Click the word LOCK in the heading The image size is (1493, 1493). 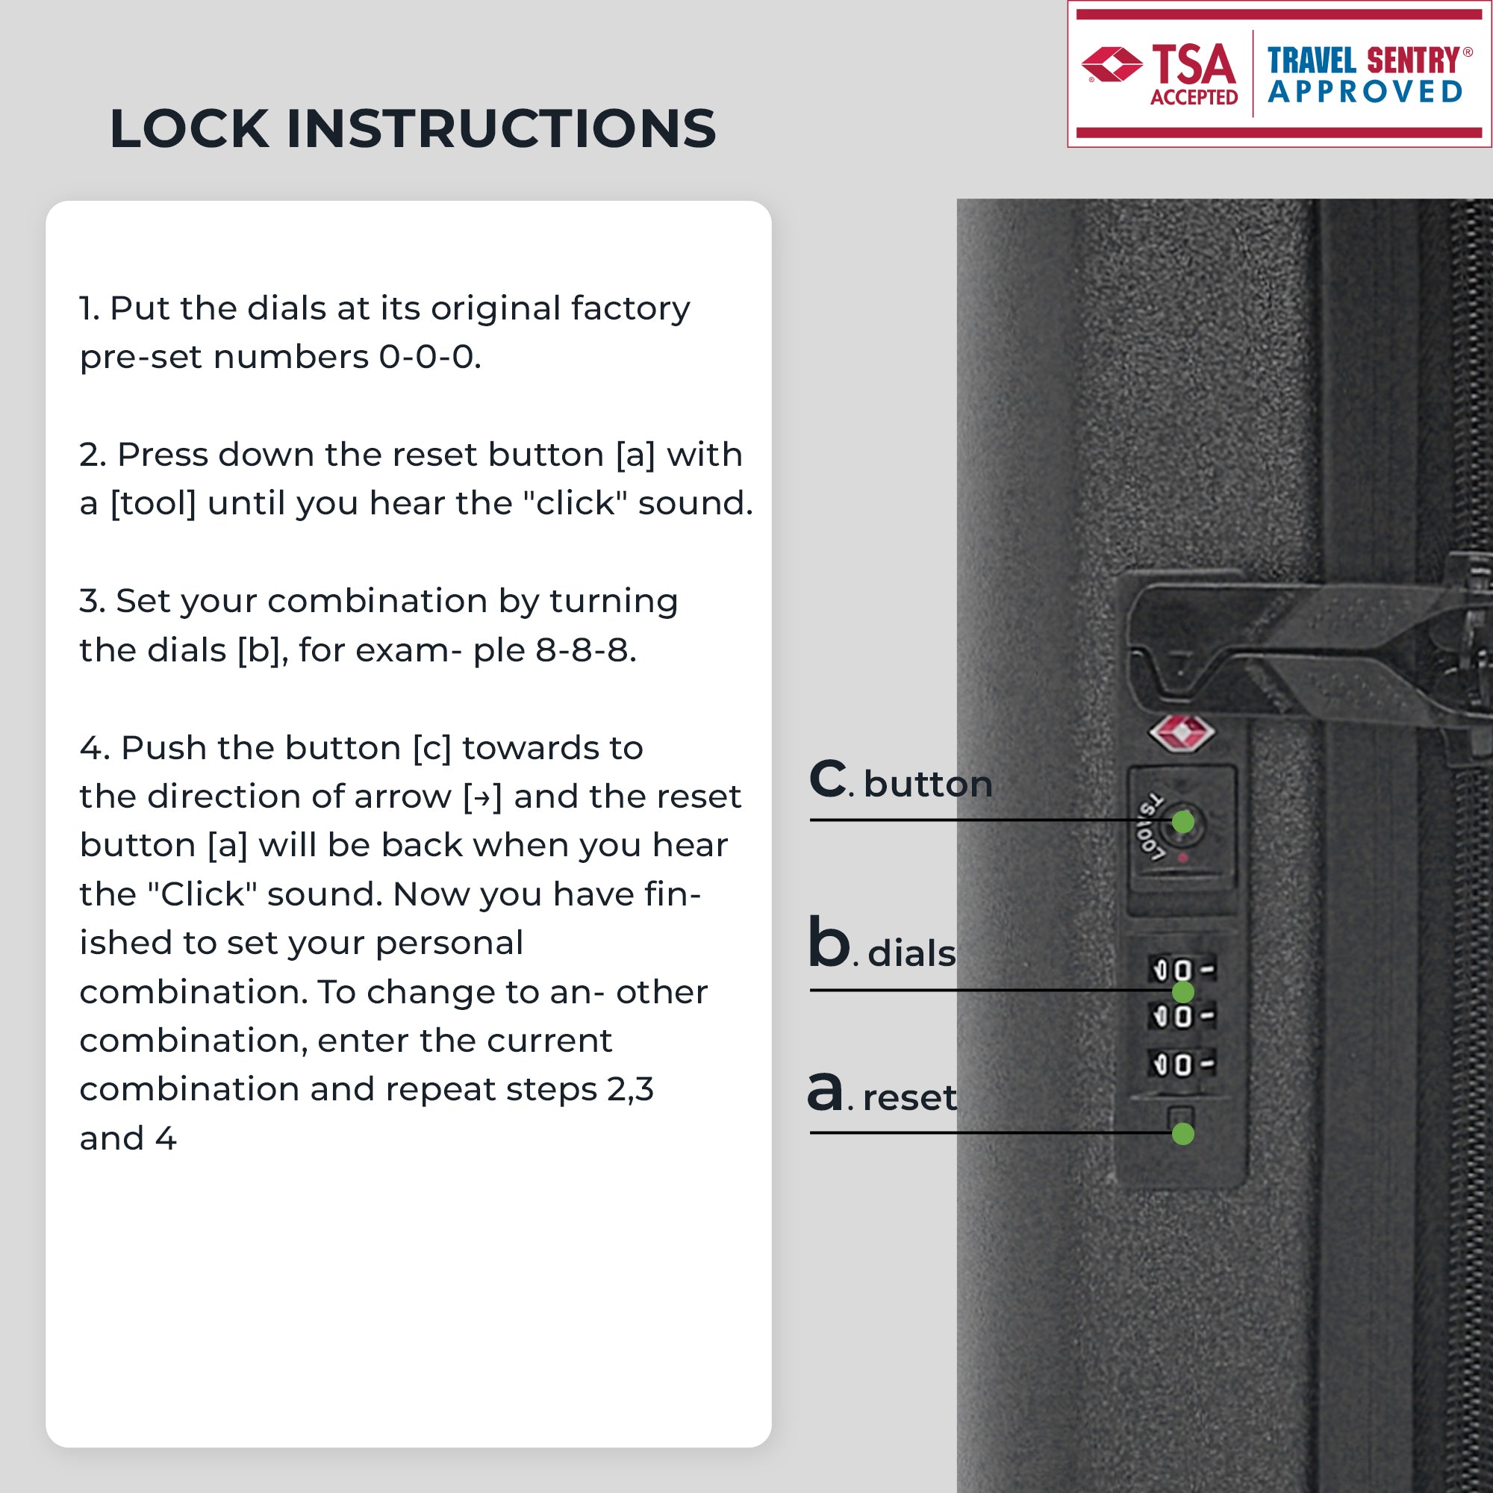(x=189, y=128)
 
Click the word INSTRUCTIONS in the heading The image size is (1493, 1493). (x=502, y=128)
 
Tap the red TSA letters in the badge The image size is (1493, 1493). (x=1194, y=64)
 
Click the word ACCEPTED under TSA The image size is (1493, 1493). (x=1194, y=97)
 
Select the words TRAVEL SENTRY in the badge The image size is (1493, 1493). (x=1363, y=60)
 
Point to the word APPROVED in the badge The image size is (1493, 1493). (x=1365, y=92)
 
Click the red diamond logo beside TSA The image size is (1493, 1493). (x=1112, y=64)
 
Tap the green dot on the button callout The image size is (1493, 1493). (x=1183, y=822)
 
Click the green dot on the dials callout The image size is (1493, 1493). (x=1183, y=991)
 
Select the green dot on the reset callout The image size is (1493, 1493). (x=1183, y=1134)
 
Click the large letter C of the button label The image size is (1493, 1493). (x=829, y=777)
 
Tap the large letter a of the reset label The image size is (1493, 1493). (x=826, y=1092)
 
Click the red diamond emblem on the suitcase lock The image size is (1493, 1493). (x=1182, y=733)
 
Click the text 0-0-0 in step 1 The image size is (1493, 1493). (x=429, y=357)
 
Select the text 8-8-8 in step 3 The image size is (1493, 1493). (x=585, y=650)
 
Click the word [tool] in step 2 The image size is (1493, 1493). (x=154, y=504)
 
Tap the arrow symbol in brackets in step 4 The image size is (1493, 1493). (x=483, y=797)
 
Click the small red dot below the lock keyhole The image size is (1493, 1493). (x=1182, y=858)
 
